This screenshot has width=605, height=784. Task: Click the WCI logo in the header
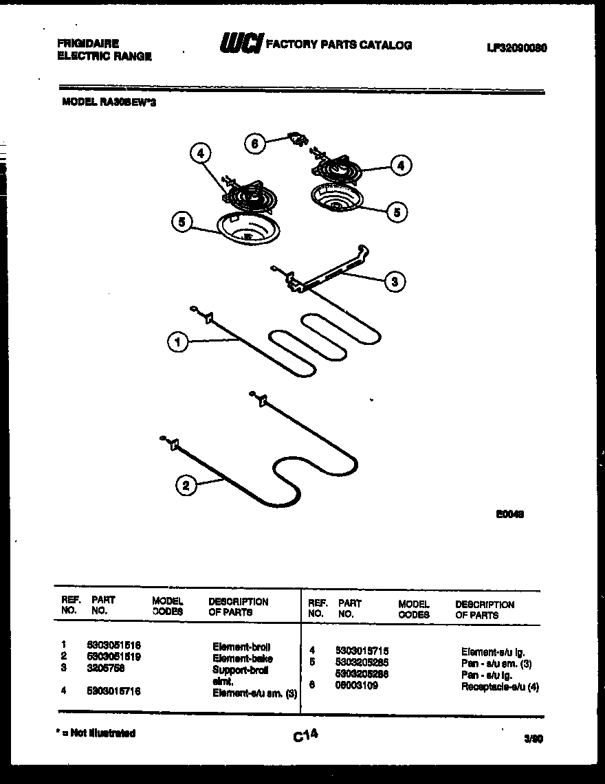[240, 45]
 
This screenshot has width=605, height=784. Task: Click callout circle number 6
[255, 143]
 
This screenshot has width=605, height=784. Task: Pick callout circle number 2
[185, 486]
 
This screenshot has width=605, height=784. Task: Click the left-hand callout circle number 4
[200, 155]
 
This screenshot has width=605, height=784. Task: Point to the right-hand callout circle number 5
[396, 212]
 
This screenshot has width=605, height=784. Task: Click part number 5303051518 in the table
[113, 646]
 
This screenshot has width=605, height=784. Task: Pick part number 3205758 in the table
[105, 667]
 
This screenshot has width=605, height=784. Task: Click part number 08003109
[356, 685]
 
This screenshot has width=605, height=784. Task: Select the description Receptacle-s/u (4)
[499, 686]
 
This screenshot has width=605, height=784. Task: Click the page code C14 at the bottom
[305, 735]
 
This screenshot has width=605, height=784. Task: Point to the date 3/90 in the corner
[533, 739]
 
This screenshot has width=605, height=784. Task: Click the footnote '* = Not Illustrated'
[96, 733]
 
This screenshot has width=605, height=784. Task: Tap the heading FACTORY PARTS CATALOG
[339, 45]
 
